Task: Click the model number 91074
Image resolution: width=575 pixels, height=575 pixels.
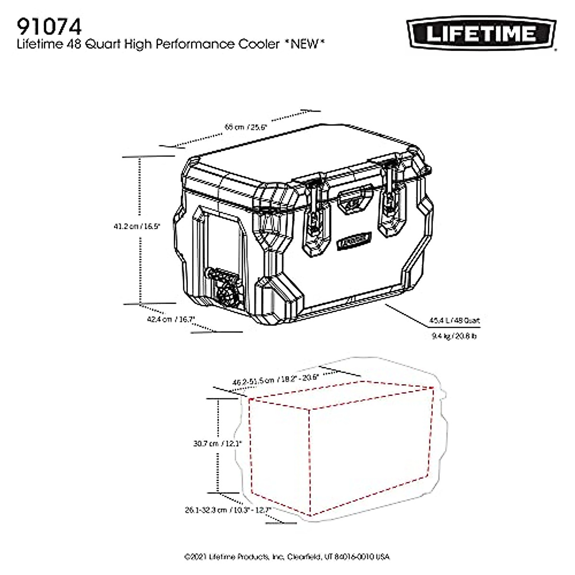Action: coord(46,25)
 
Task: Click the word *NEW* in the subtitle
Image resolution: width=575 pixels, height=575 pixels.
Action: coord(304,45)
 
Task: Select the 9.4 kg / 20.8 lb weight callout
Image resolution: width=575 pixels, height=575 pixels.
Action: coord(454,336)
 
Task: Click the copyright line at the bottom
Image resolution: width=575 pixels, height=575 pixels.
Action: coord(287,557)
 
